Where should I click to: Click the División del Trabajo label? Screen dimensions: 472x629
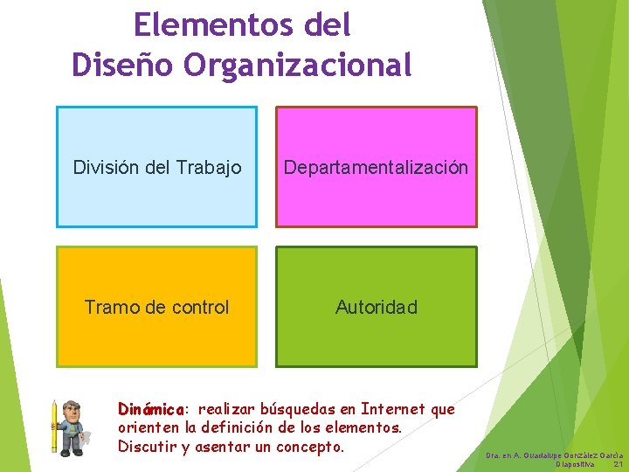click(x=157, y=167)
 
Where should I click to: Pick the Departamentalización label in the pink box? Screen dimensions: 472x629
click(x=376, y=167)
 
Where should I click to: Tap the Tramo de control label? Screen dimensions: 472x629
click(x=157, y=307)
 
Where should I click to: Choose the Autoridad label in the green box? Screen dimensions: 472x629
click(x=377, y=307)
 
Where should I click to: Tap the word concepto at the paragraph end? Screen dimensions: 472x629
click(x=310, y=448)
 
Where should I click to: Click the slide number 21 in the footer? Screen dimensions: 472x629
click(x=618, y=464)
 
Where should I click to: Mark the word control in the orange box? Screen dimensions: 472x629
click(x=201, y=307)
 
